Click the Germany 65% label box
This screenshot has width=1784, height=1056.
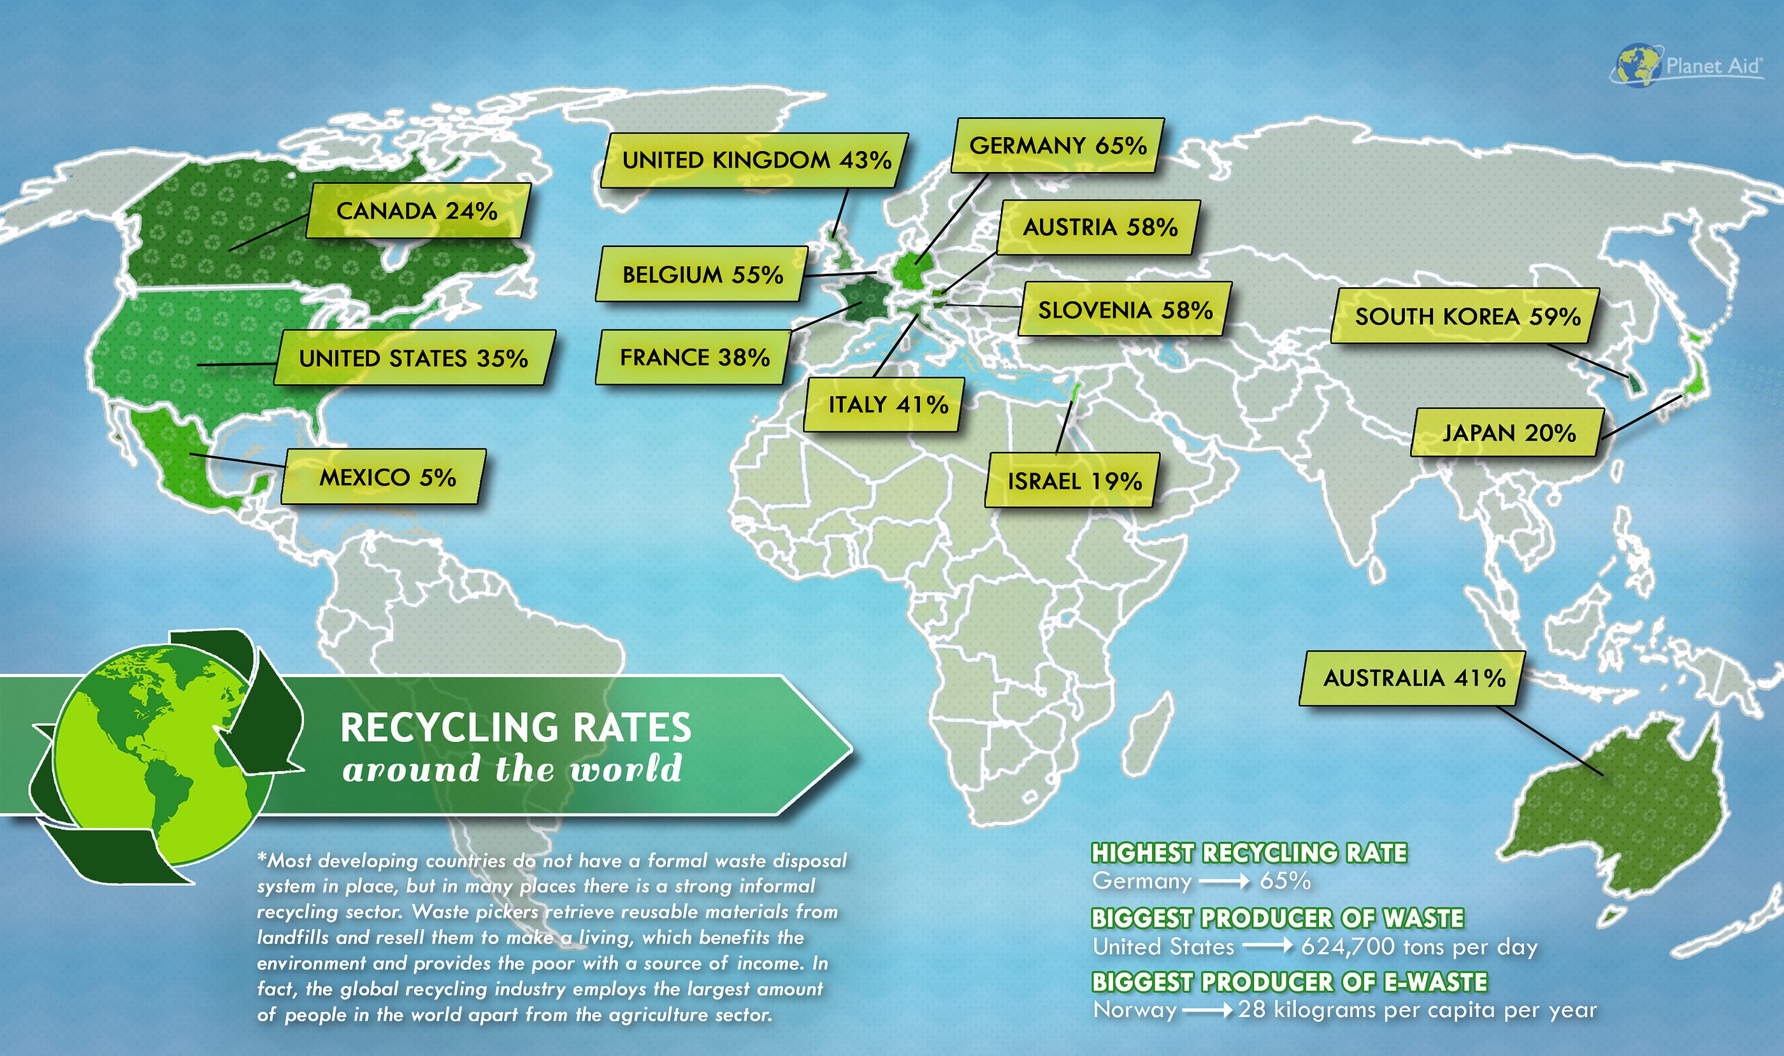(x=1058, y=146)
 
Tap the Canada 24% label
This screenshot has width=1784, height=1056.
(x=418, y=211)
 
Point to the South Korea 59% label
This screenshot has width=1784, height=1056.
(x=1467, y=316)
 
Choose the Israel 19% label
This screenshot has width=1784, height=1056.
(x=1074, y=481)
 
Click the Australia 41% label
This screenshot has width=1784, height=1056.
(x=1413, y=678)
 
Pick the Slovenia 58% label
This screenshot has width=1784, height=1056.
(x=1125, y=310)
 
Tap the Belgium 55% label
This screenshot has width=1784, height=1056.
(x=702, y=275)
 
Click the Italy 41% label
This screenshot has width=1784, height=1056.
(x=887, y=405)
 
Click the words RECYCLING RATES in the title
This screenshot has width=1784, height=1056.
(x=515, y=728)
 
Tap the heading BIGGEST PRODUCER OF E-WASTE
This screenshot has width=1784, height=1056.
(x=1289, y=982)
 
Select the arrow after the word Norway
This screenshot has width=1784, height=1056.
(x=1207, y=1010)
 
